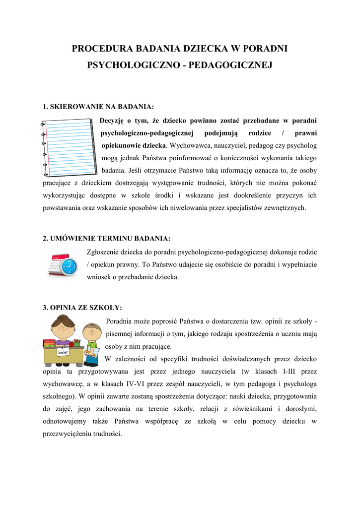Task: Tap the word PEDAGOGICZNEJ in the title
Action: point(228,65)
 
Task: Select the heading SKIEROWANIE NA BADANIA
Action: point(102,107)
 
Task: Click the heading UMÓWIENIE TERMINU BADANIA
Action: point(110,239)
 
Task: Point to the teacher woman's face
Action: point(62,329)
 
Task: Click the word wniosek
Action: point(98,278)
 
